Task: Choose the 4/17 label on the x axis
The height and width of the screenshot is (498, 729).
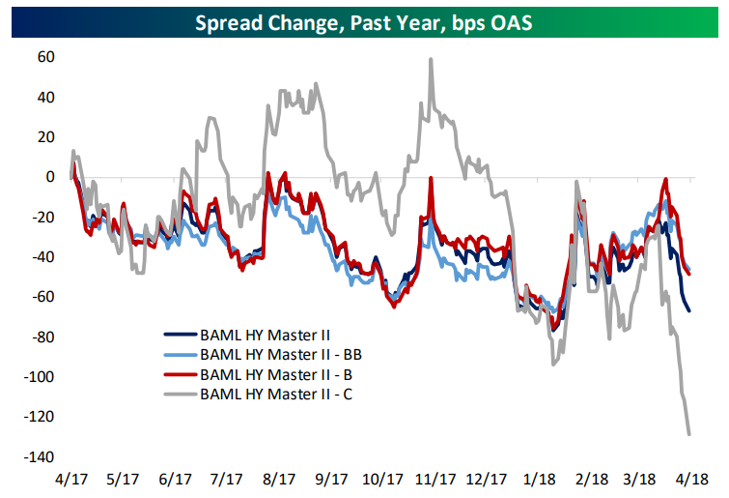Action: (x=72, y=479)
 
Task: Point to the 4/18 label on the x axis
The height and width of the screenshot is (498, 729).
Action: (x=692, y=479)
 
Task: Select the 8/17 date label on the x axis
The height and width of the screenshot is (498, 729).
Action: (x=278, y=479)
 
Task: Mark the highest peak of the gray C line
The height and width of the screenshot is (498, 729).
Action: (x=430, y=59)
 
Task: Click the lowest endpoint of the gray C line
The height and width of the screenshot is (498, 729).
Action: (x=689, y=434)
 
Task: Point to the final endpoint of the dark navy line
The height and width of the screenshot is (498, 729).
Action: (x=689, y=310)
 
